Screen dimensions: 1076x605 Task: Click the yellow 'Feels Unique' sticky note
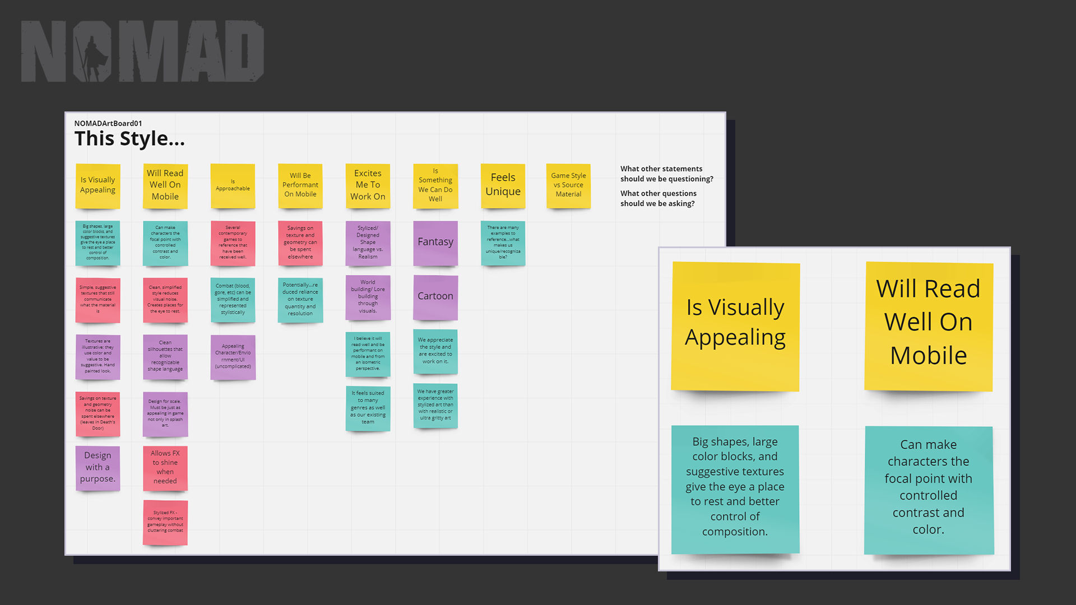coord(503,185)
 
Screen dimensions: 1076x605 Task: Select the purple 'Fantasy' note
coord(435,243)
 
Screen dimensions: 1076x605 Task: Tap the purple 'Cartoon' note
coord(435,297)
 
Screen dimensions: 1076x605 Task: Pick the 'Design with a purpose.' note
coord(98,468)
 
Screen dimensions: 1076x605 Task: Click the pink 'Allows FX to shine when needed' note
coord(165,468)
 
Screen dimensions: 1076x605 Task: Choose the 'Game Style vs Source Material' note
coord(568,185)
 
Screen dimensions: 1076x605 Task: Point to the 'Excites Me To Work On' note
coord(368,185)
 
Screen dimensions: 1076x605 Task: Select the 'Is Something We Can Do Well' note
coord(435,185)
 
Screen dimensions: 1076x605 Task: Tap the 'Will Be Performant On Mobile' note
coord(300,185)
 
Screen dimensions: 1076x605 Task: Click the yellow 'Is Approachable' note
coord(233,185)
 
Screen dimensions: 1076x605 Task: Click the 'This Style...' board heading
coord(129,139)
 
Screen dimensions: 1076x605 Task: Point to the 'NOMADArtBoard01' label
coord(108,123)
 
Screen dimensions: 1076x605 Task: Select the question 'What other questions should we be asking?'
coord(658,198)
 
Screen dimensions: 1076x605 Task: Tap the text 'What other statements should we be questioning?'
coord(666,174)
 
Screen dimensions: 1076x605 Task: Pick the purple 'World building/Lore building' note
coord(368,297)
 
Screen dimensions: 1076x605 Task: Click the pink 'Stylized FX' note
coord(165,522)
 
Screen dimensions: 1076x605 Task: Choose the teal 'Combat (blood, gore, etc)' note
coord(233,300)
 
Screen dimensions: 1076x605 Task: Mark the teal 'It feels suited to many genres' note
coord(368,408)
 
